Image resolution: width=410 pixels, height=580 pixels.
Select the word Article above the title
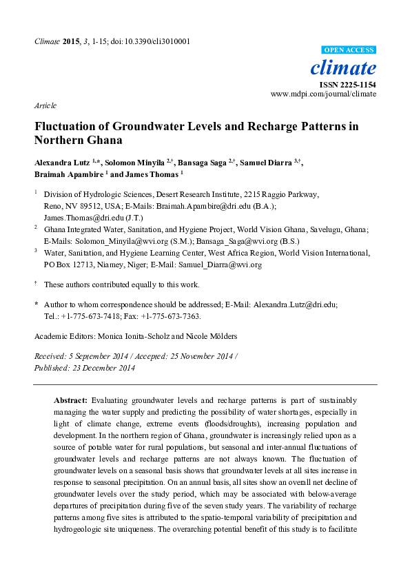[45, 105]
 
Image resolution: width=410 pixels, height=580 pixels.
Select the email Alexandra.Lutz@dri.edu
[295, 304]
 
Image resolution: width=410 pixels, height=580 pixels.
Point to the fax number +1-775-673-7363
[167, 316]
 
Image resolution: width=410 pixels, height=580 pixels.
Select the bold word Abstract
[70, 400]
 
